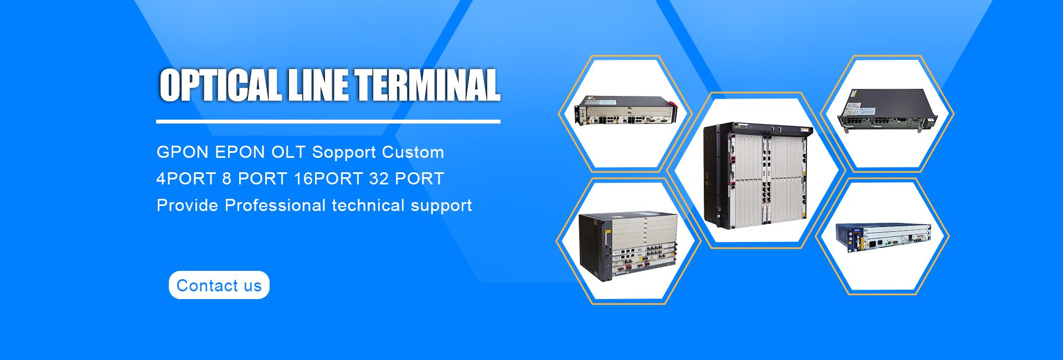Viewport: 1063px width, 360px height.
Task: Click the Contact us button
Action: pyautogui.click(x=219, y=285)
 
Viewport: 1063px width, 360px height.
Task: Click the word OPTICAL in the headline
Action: pyautogui.click(x=220, y=85)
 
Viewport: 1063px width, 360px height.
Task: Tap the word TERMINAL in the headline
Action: pyautogui.click(x=427, y=85)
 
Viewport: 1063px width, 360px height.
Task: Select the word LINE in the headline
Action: pyautogui.click(x=318, y=85)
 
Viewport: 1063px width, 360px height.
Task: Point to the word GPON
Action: pyautogui.click(x=183, y=152)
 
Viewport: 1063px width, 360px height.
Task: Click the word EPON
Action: pyautogui.click(x=240, y=152)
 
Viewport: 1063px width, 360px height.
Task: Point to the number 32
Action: pyautogui.click(x=379, y=179)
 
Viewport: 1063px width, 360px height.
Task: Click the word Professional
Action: pyautogui.click(x=275, y=205)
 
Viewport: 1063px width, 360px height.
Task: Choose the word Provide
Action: pyautogui.click(x=188, y=205)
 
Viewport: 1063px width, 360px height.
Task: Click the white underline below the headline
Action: pyautogui.click(x=328, y=121)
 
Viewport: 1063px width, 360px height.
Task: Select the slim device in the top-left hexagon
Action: pyautogui.click(x=626, y=110)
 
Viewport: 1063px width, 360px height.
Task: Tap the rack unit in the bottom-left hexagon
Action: pyautogui.click(x=628, y=246)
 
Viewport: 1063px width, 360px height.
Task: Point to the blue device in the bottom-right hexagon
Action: pyautogui.click(x=884, y=238)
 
